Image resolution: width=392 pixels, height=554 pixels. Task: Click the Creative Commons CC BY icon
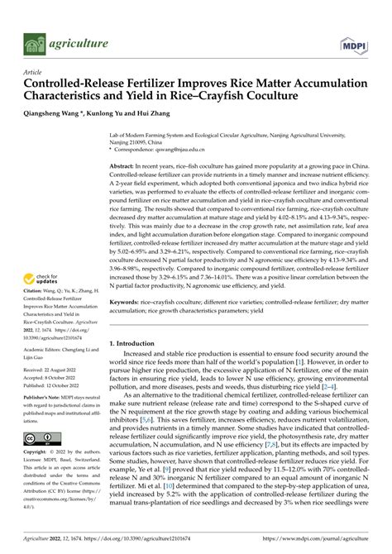(x=42, y=439)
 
